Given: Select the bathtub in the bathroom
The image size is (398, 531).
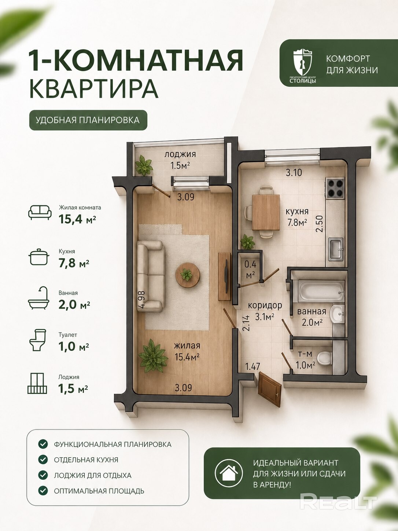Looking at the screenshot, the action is click(x=321, y=291).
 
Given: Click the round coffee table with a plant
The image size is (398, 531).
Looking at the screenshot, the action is click(x=187, y=275).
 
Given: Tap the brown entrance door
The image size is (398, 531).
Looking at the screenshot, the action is click(x=270, y=393).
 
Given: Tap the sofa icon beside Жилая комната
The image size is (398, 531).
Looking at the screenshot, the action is click(x=40, y=212).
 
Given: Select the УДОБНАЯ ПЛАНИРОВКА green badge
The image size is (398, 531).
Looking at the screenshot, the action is click(x=88, y=120).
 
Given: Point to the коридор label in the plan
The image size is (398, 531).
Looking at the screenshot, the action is click(x=265, y=305).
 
